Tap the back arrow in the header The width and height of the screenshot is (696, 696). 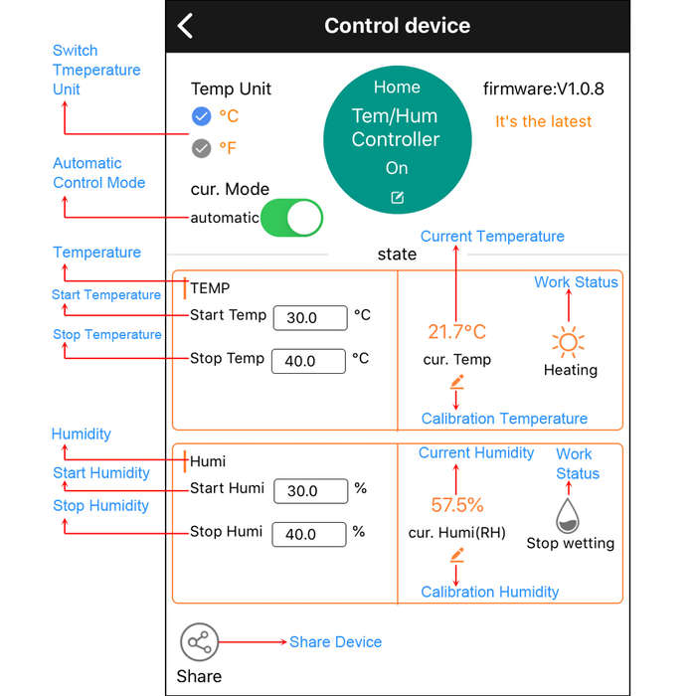185,26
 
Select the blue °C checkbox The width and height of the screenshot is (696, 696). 201,116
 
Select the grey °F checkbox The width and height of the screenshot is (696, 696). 201,148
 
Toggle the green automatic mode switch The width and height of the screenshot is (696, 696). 291,218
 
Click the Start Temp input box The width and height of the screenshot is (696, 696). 310,318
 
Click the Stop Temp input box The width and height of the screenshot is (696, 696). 308,361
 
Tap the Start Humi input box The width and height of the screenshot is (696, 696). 310,491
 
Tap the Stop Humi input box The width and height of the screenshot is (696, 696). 309,534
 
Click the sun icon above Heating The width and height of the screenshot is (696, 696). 568,342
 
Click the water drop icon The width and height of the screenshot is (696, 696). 568,515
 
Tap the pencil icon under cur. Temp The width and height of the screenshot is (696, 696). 456,382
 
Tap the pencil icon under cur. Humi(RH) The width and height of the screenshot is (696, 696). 456,555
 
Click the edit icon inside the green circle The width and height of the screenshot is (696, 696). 398,198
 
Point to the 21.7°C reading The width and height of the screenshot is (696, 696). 456,332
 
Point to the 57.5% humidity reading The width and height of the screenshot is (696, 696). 457,505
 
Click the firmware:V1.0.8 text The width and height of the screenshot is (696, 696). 543,88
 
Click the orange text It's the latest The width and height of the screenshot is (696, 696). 543,121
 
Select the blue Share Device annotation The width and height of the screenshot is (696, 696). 336,642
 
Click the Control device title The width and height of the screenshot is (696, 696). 398,26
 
